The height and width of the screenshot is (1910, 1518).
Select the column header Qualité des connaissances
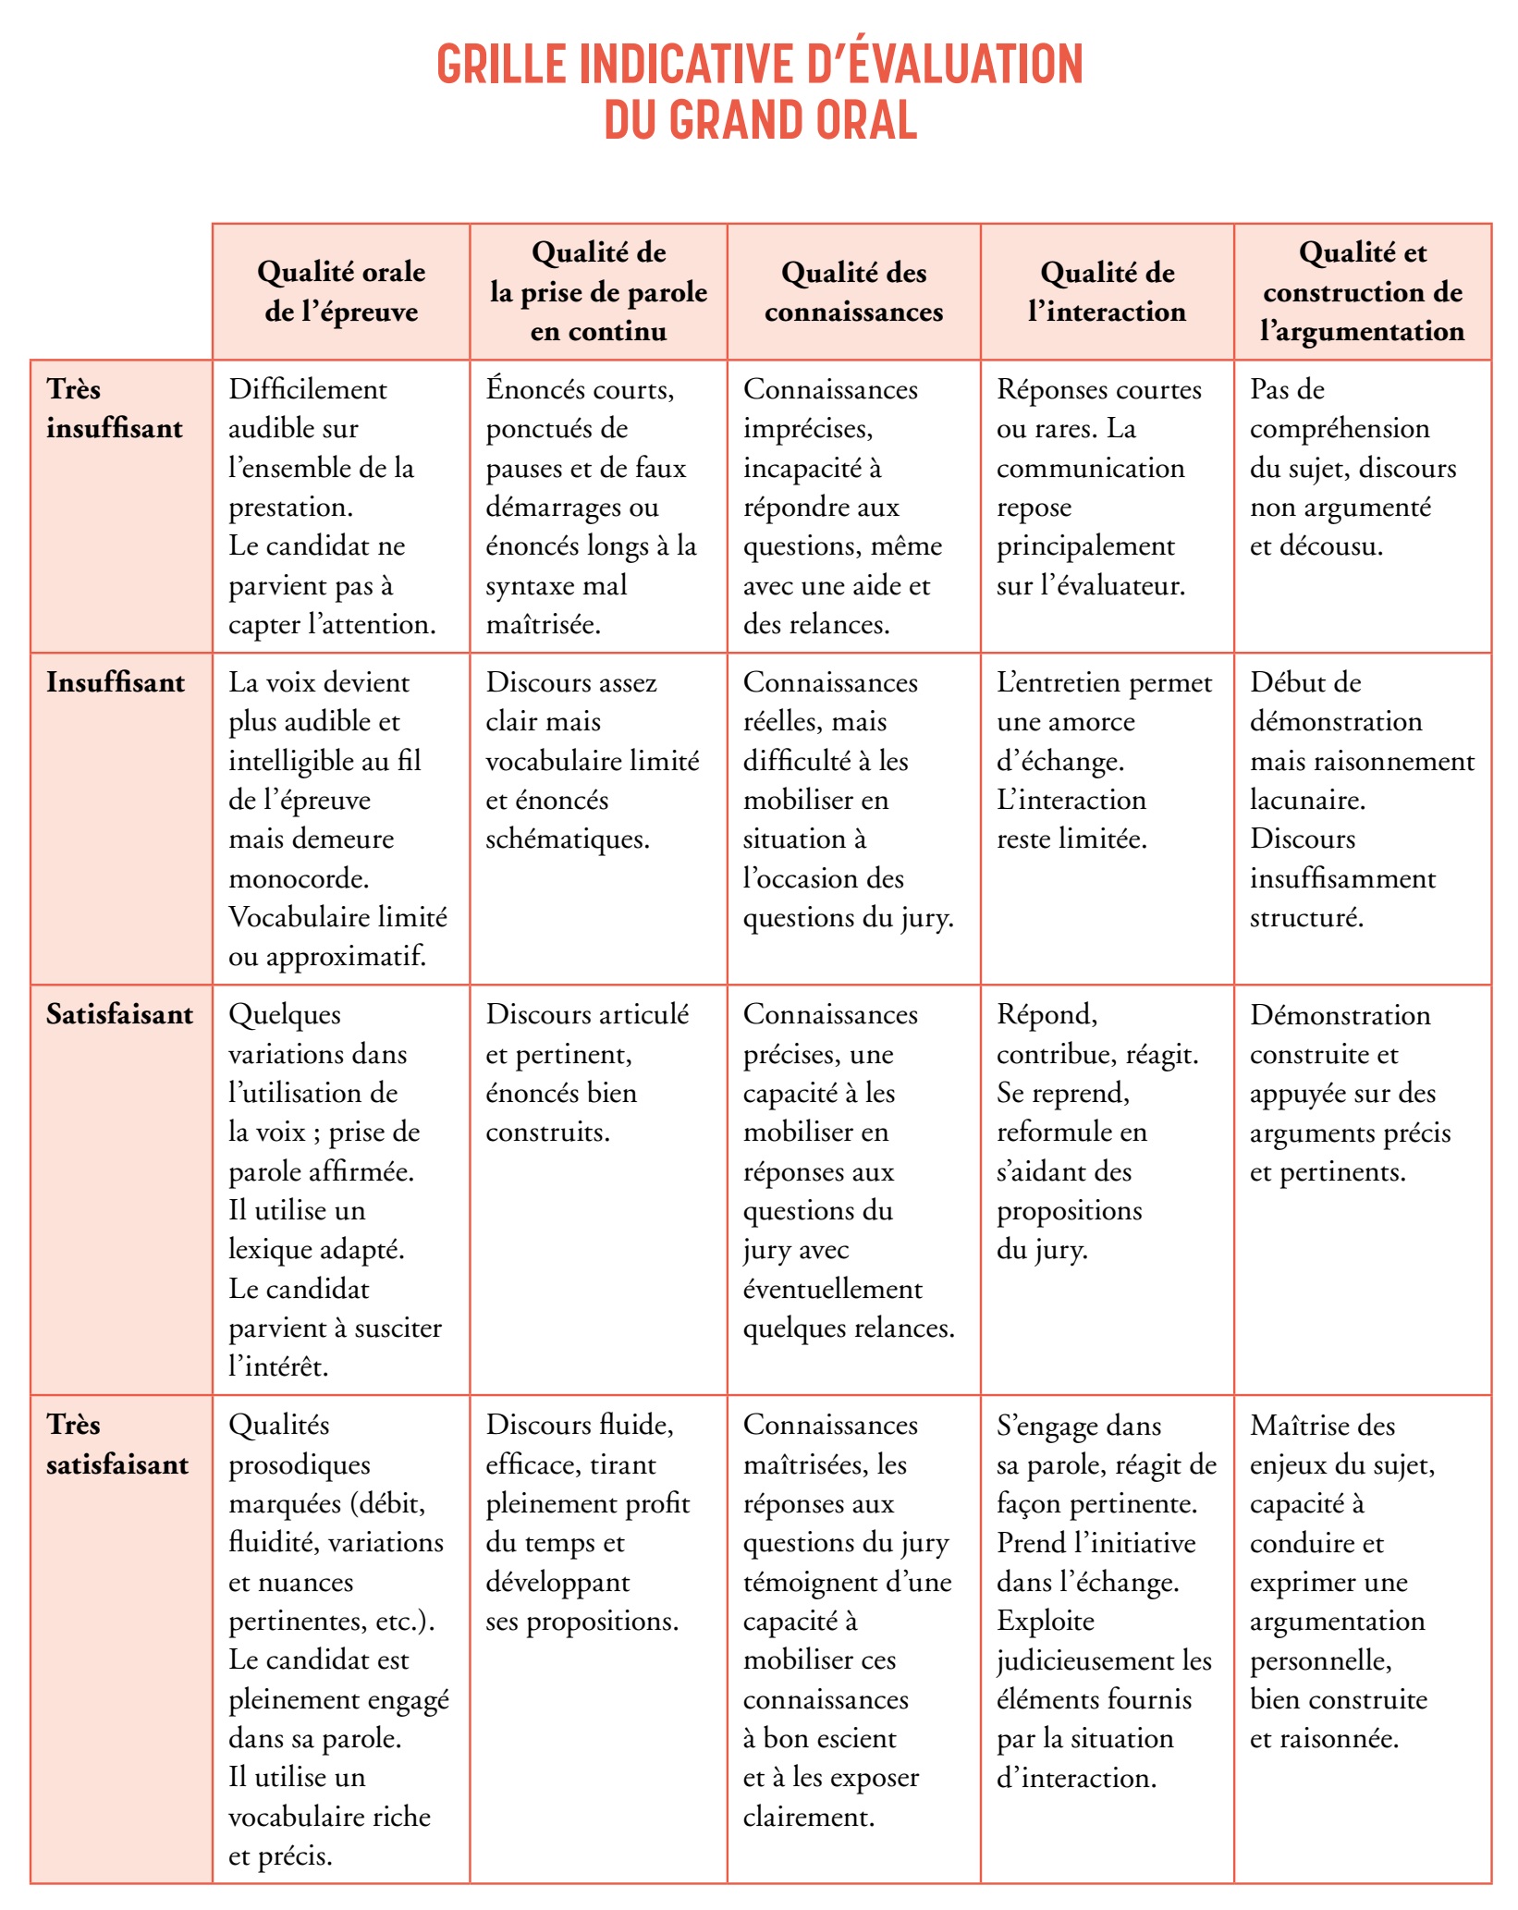[x=853, y=292]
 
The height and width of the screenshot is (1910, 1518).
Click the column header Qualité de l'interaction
[x=1107, y=292]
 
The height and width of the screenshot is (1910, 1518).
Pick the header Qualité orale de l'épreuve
[x=341, y=292]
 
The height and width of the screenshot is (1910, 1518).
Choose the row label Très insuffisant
[x=115, y=409]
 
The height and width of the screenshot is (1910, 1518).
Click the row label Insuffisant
[x=116, y=682]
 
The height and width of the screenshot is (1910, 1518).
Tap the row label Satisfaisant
[x=120, y=1014]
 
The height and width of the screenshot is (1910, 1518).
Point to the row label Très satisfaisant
[x=117, y=1444]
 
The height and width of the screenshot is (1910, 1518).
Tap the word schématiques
[x=568, y=839]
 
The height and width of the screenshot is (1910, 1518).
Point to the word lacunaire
[x=1307, y=800]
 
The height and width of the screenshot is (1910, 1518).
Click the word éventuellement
[x=833, y=1289]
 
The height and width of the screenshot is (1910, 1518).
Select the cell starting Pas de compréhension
[x=1353, y=468]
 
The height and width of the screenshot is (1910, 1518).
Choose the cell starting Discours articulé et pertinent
[x=587, y=1072]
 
